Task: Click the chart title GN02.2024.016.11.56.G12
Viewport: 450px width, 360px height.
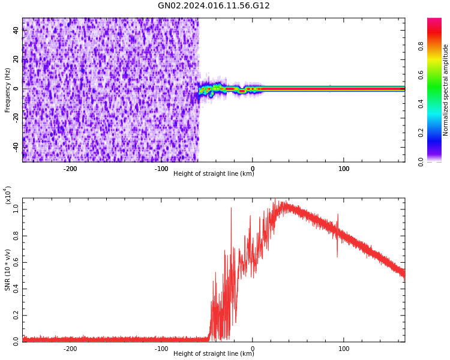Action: pyautogui.click(x=214, y=6)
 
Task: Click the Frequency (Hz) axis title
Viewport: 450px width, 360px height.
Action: pyautogui.click(x=8, y=90)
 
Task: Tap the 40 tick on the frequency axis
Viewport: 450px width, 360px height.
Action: pyautogui.click(x=16, y=31)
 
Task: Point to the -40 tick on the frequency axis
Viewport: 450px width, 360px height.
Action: pyautogui.click(x=16, y=146)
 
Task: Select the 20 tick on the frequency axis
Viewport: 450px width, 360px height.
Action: pyautogui.click(x=16, y=59)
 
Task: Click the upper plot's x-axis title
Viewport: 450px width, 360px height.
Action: pyautogui.click(x=214, y=174)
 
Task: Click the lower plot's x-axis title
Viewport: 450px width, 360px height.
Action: pyautogui.click(x=214, y=354)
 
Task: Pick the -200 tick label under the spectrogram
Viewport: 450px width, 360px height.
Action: pyautogui.click(x=70, y=169)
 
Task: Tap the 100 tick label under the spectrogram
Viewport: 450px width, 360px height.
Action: pyautogui.click(x=344, y=169)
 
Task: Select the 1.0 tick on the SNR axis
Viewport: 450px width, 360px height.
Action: pyautogui.click(x=16, y=209)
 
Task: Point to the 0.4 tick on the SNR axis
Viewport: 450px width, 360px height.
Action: pyautogui.click(x=16, y=288)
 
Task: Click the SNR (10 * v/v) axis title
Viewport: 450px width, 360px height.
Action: pyautogui.click(x=8, y=270)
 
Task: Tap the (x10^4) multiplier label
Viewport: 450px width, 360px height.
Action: pyautogui.click(x=8, y=195)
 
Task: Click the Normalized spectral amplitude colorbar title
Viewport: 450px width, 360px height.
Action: pyautogui.click(x=446, y=90)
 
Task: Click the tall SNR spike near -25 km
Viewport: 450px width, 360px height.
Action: pyautogui.click(x=231, y=209)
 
